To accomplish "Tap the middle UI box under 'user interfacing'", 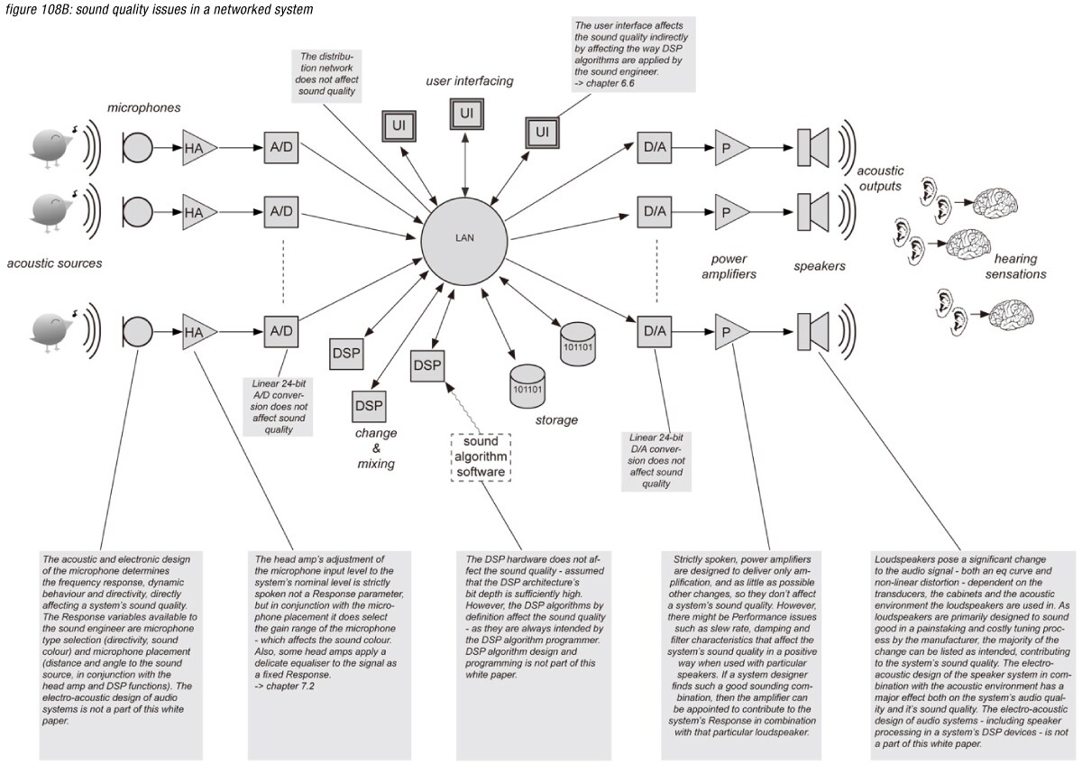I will coord(465,114).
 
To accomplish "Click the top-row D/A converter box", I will coord(654,145).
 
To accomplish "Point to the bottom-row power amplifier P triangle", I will coord(729,331).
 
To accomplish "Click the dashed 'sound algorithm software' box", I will coord(481,457).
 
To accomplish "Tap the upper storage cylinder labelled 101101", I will coord(579,345).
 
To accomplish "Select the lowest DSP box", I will coord(369,406).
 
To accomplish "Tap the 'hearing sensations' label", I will coord(1015,266).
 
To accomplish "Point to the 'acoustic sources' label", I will coord(54,263).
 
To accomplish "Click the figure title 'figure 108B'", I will coord(159,10).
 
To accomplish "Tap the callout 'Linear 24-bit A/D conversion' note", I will coord(284,405).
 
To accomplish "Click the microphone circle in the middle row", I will coord(138,212).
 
